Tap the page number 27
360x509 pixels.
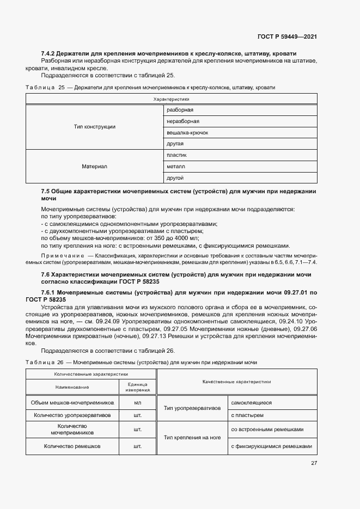314,463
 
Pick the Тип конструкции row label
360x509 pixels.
94,127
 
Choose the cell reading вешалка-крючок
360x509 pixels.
187,133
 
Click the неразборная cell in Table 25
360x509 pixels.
183,121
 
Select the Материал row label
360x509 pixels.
94,167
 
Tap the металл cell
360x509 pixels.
176,167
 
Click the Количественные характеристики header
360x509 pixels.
91,375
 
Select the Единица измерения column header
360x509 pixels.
138,388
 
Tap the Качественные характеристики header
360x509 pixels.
236,382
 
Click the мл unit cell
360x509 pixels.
138,403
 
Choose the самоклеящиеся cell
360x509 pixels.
251,403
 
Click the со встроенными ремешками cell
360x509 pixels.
266,430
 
